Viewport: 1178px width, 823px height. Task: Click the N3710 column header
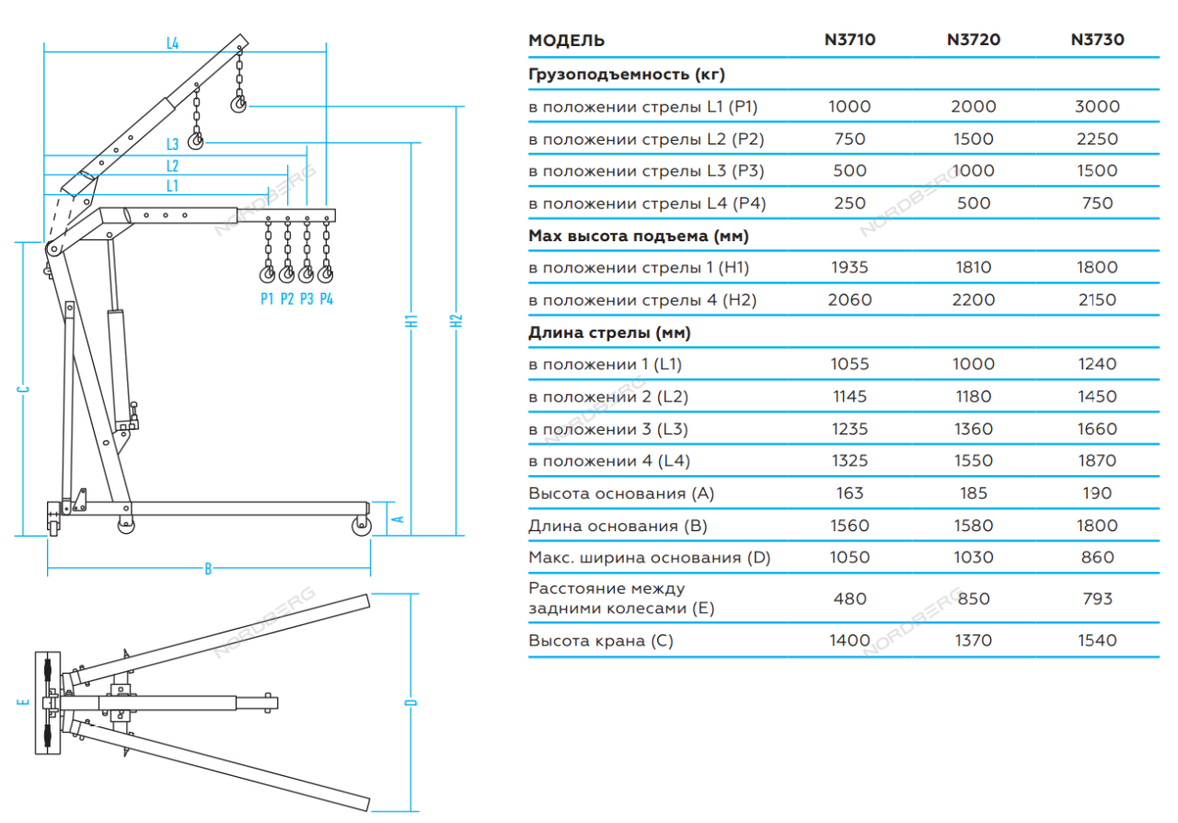(849, 40)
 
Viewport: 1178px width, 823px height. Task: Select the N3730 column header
(1097, 40)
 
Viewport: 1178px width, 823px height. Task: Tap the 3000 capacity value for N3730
(1097, 106)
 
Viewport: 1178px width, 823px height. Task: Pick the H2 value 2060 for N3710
(849, 299)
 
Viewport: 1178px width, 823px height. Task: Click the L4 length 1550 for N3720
(974, 460)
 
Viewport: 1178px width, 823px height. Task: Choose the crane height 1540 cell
(1097, 640)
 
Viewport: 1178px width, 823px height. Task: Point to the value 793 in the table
(1097, 598)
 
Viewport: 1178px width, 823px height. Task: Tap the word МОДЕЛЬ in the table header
(567, 41)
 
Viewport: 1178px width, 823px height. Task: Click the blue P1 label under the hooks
(267, 298)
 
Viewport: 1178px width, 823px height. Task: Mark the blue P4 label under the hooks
(327, 298)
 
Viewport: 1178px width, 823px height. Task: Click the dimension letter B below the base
(208, 569)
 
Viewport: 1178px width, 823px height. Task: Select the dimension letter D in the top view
(411, 702)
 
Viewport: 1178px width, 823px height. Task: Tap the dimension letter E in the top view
(25, 702)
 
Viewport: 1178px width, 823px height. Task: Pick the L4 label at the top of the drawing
(172, 42)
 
